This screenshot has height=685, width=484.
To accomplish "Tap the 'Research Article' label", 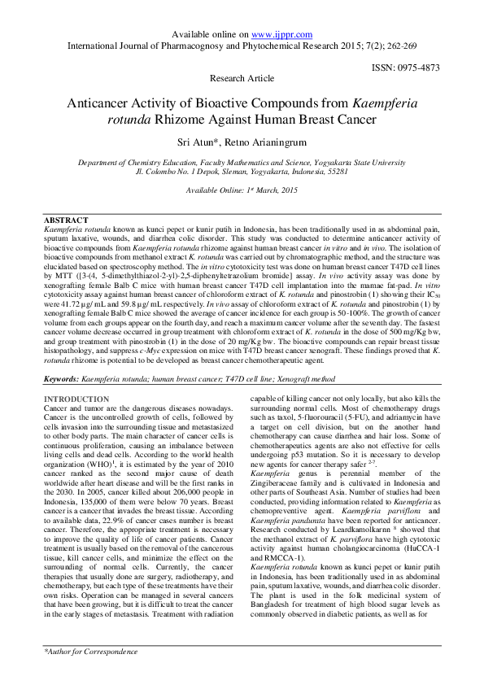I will click(242, 79).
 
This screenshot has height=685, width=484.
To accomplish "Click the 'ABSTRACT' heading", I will click(66, 220).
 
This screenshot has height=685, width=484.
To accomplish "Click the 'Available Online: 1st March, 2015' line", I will click(242, 190).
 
